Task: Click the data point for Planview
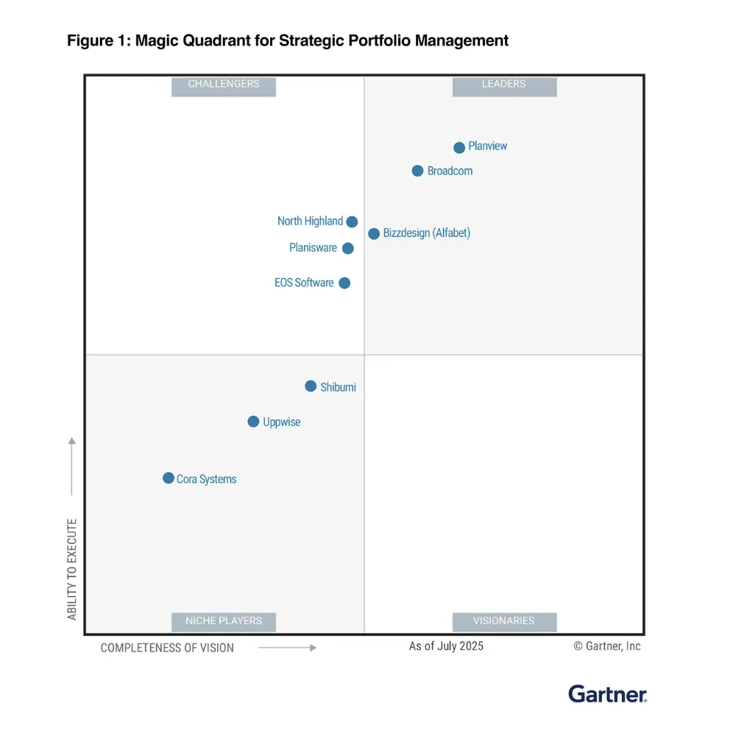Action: coord(459,147)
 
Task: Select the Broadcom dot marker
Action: coord(417,171)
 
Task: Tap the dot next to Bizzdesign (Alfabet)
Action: coord(374,233)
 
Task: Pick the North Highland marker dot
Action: coord(352,222)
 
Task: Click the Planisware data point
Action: coord(348,248)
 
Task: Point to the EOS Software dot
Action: coord(344,283)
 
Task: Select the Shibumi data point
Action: coord(311,386)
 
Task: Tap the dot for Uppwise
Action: coord(253,422)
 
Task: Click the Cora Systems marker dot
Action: coord(169,478)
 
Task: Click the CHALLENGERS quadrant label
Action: coord(224,85)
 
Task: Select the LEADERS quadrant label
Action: coord(504,85)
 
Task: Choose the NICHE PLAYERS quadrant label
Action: coord(224,621)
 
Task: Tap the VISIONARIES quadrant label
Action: coord(504,621)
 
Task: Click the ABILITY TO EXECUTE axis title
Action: coord(72,569)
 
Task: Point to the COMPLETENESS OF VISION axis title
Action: coord(167,648)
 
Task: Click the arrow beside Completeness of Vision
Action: coord(287,648)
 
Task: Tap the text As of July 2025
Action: coord(446,646)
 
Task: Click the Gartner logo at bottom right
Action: coord(607,693)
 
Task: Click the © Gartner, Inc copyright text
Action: coord(607,646)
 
